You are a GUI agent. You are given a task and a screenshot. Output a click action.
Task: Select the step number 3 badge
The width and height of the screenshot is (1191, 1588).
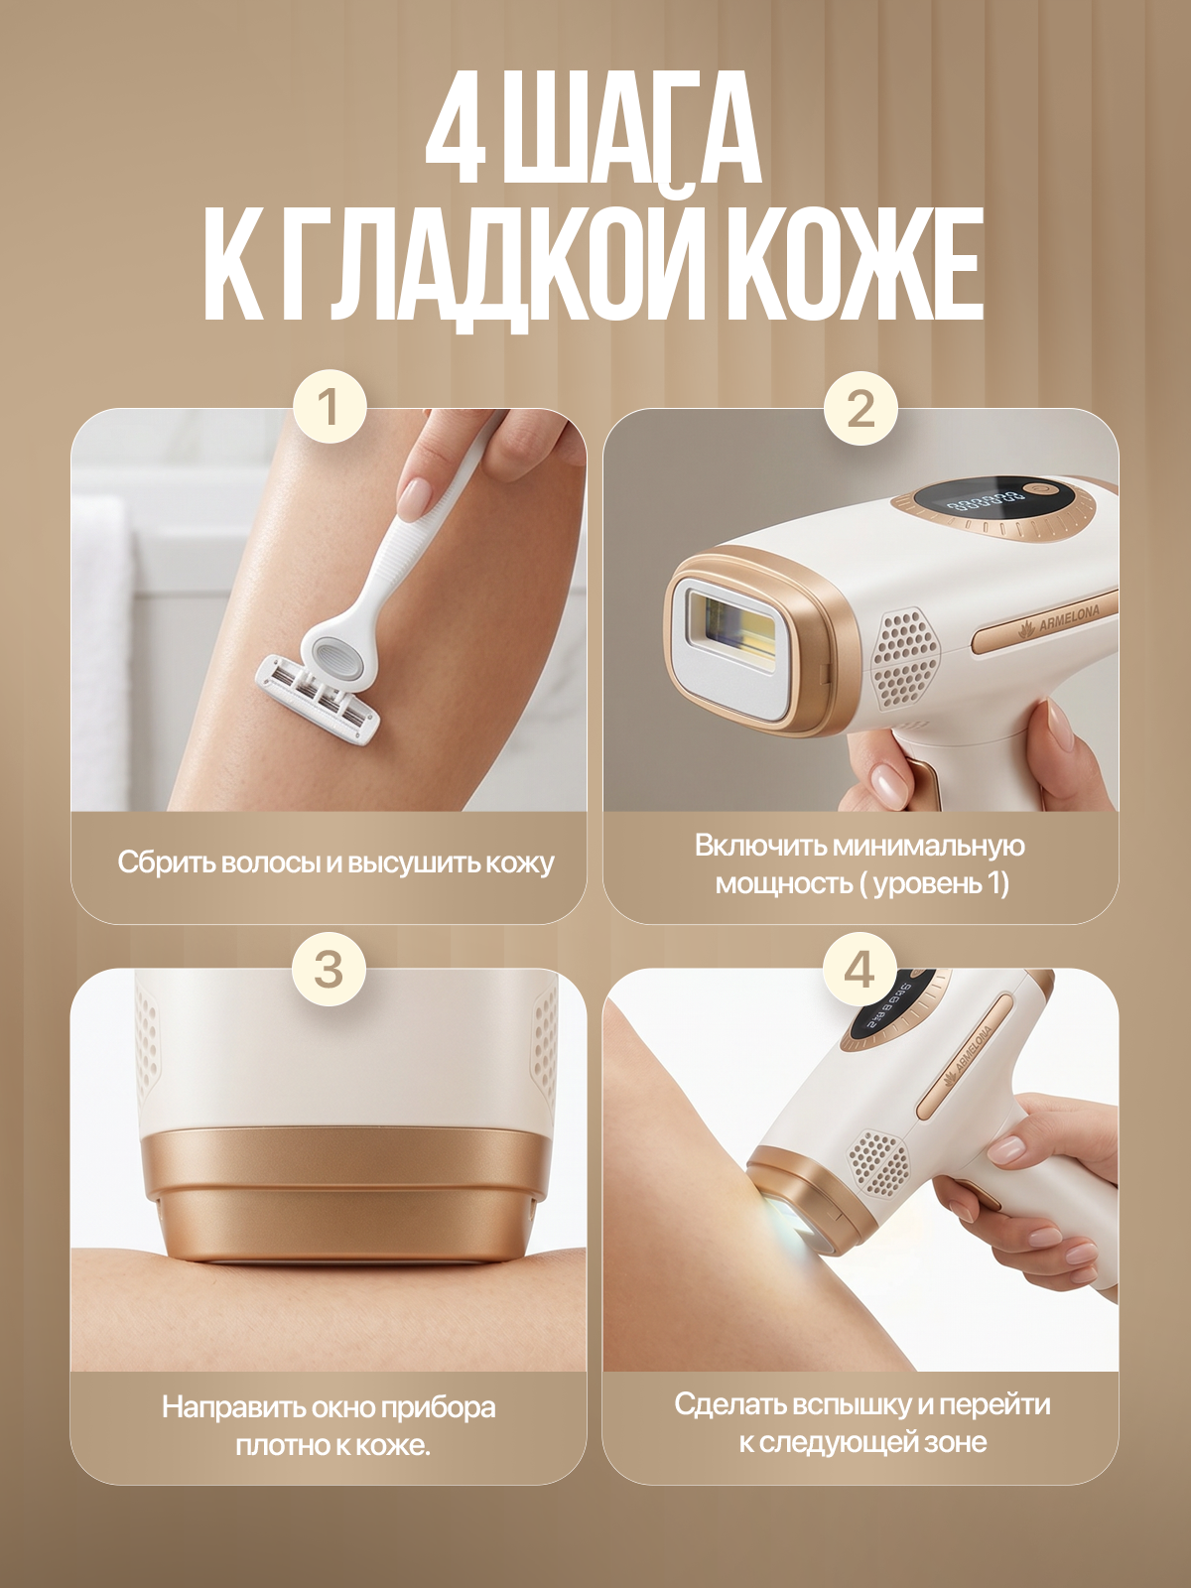pyautogui.click(x=330, y=968)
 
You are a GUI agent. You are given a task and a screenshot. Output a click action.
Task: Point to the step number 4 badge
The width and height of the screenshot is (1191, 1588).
pyautogui.click(x=860, y=968)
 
